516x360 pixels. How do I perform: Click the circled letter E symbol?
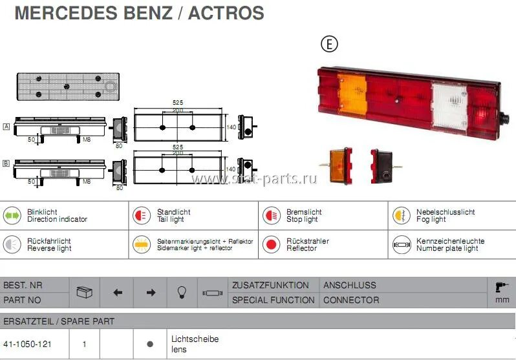pos(330,44)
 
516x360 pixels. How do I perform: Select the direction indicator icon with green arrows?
pos(12,215)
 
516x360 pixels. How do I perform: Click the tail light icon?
pos(142,215)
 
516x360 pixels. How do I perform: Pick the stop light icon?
pos(271,215)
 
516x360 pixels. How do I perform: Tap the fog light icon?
pos(400,215)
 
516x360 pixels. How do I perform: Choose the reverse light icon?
pos(12,244)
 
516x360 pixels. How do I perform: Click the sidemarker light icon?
pos(142,244)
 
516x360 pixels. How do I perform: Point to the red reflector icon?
pos(271,244)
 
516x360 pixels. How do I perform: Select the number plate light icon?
pos(400,244)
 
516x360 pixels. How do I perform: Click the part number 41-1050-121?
pos(28,344)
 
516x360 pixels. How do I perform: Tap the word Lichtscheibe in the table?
pos(195,339)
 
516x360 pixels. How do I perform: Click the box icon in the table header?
pos(85,292)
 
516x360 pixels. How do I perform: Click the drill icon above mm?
pos(501,288)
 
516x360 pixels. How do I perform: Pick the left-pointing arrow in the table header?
pos(118,293)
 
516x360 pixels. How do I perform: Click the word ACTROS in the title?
pos(226,13)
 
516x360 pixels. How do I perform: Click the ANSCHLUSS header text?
pos(349,285)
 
